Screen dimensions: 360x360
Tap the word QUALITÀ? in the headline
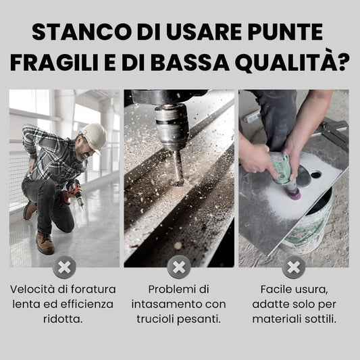point(292,62)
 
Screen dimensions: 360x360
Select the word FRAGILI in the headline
point(55,62)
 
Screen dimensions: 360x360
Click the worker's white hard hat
point(94,137)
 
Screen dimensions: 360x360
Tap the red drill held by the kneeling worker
point(74,193)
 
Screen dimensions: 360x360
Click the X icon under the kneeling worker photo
point(64,267)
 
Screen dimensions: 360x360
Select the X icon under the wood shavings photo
point(179,267)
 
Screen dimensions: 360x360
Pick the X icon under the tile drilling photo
point(294,267)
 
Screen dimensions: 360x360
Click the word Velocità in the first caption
point(32,289)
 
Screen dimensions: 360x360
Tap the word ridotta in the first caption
point(63,319)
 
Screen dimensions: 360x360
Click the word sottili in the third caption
point(321,319)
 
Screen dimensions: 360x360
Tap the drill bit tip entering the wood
point(178,182)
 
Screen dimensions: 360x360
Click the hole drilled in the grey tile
point(316,175)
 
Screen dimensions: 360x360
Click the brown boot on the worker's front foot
point(45,243)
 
